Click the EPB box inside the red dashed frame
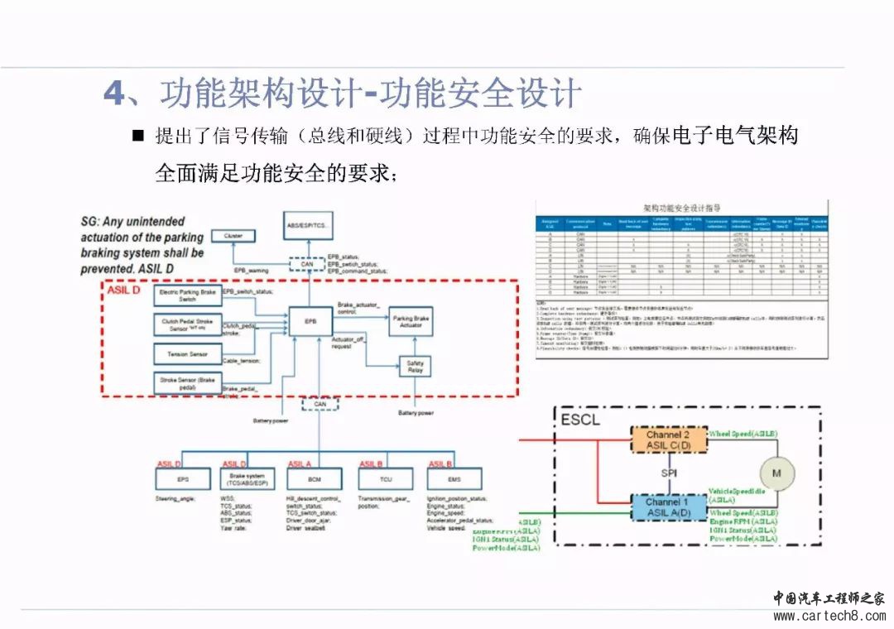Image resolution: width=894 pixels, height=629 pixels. click(x=310, y=320)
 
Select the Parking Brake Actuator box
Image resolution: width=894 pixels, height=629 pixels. click(x=411, y=321)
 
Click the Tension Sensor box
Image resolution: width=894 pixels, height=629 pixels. click(x=186, y=353)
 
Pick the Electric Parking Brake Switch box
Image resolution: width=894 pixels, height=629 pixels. click(x=187, y=295)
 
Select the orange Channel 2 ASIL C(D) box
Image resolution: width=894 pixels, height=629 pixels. click(x=668, y=440)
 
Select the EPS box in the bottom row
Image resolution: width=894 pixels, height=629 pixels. click(x=183, y=479)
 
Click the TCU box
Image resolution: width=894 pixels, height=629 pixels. click(x=385, y=479)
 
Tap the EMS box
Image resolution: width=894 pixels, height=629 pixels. click(x=454, y=479)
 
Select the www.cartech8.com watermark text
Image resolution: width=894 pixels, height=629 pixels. click(x=828, y=616)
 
